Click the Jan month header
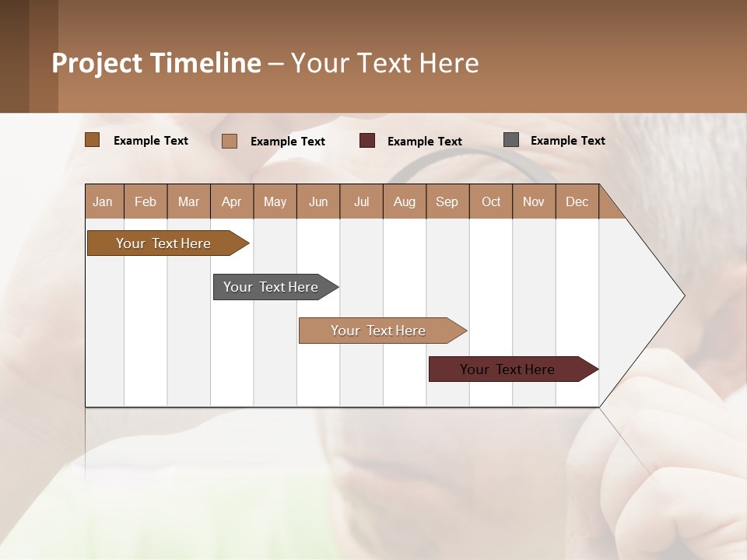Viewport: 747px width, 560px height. coord(103,201)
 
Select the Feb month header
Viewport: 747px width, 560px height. coord(146,201)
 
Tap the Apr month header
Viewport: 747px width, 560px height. coord(231,201)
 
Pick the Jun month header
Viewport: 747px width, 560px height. coord(318,201)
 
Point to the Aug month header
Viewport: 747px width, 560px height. coord(404,201)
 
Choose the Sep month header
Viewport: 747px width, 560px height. coord(447,201)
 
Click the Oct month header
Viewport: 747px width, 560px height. coord(491,201)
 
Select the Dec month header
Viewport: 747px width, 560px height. coord(577,201)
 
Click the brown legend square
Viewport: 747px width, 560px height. coord(92,140)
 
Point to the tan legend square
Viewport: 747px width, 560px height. coord(230,141)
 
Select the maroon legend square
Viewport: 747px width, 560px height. coord(367,141)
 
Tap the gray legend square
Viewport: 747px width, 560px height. coord(511,140)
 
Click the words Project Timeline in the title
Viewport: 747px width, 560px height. coord(156,63)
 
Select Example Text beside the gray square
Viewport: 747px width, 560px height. coord(567,140)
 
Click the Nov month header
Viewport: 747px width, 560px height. coord(534,201)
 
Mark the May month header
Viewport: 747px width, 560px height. coord(275,201)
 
